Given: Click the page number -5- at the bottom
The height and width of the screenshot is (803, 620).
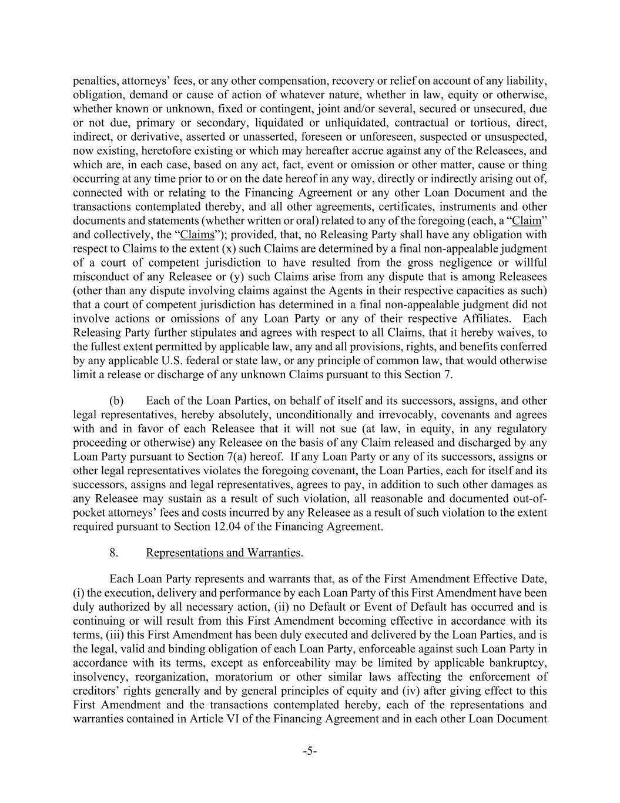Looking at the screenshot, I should coord(310,751).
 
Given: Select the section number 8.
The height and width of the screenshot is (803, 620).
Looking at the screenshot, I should coord(114,552).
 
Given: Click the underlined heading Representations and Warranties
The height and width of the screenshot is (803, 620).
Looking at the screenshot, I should coord(223,552).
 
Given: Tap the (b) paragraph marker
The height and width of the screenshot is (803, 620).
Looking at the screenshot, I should coord(116,401).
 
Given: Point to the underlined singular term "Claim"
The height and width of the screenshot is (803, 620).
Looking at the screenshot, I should coord(527,221).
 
